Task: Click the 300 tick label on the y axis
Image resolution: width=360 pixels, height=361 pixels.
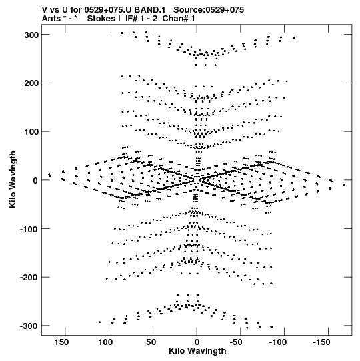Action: [31, 35]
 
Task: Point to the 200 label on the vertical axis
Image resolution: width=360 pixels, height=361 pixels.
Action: [31, 83]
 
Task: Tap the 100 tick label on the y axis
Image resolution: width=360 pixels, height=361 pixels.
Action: [31, 132]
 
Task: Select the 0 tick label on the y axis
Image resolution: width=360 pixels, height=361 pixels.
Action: [35, 180]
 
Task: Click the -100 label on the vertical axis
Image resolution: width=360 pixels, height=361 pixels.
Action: [29, 229]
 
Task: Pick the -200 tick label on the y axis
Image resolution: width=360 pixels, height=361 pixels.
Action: [29, 278]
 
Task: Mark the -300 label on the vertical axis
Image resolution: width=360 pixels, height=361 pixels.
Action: [29, 326]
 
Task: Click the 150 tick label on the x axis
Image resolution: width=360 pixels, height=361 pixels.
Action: [61, 342]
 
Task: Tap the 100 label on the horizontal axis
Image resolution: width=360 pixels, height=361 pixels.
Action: [105, 342]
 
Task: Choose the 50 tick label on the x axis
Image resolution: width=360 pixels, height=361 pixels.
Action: [151, 342]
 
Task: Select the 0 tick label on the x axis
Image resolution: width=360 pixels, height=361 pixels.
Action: [197, 342]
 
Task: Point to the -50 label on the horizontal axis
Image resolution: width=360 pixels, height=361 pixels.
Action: [236, 342]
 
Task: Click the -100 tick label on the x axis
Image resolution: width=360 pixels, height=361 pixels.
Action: [278, 342]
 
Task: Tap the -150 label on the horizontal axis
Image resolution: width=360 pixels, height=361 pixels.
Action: [321, 342]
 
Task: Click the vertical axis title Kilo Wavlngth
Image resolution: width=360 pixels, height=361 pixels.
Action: [13, 179]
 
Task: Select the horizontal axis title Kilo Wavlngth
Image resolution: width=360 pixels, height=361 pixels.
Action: [197, 351]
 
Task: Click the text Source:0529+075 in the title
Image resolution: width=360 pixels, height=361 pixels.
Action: [209, 10]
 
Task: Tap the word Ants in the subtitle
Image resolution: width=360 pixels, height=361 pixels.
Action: [51, 19]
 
